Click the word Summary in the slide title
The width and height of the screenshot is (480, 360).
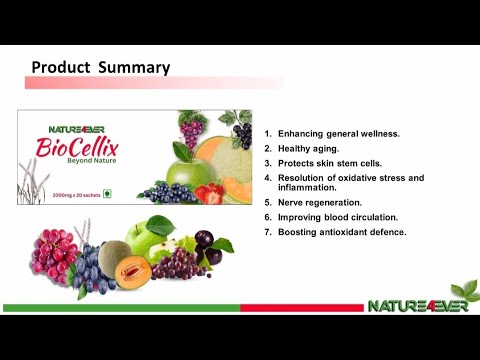tap(133, 68)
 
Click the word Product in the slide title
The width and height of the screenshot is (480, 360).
tap(61, 68)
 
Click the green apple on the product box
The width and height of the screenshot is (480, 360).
tap(187, 171)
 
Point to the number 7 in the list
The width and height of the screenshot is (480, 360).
tap(267, 232)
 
